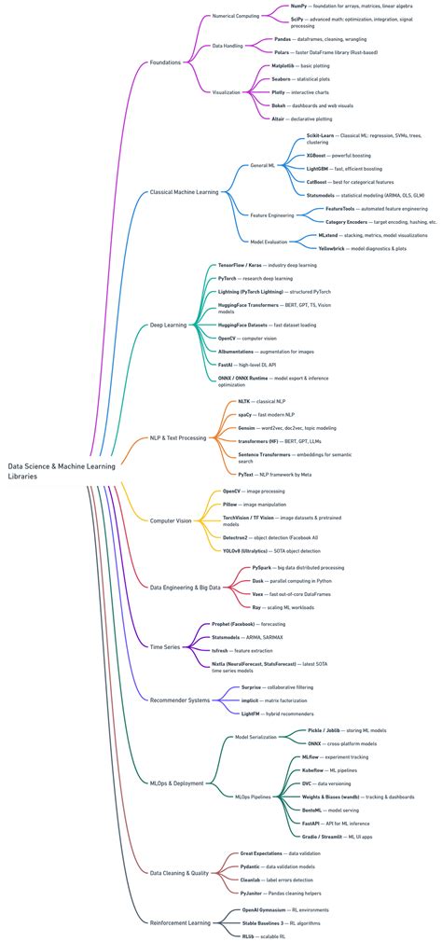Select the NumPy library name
point(298,6)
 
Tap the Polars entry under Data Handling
point(283,52)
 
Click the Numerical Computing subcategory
point(236,16)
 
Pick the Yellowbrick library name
point(335,249)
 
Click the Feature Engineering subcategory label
point(272,215)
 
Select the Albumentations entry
point(242,352)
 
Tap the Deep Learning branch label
point(169,326)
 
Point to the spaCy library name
point(245,414)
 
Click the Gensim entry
point(247,428)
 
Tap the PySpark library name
point(261,567)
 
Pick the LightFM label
point(251,713)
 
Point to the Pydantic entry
point(253,866)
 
